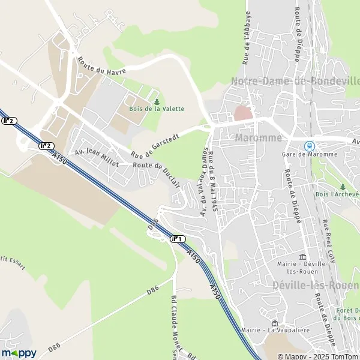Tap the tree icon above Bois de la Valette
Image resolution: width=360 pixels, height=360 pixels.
[157, 101]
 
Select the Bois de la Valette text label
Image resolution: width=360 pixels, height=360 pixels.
[157, 109]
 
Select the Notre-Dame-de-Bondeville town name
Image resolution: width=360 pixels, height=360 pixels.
[295, 80]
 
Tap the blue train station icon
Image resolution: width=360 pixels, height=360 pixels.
[309, 145]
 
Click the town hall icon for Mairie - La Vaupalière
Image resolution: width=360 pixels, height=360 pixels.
[275, 323]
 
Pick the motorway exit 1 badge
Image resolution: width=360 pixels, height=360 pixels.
[178, 239]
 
